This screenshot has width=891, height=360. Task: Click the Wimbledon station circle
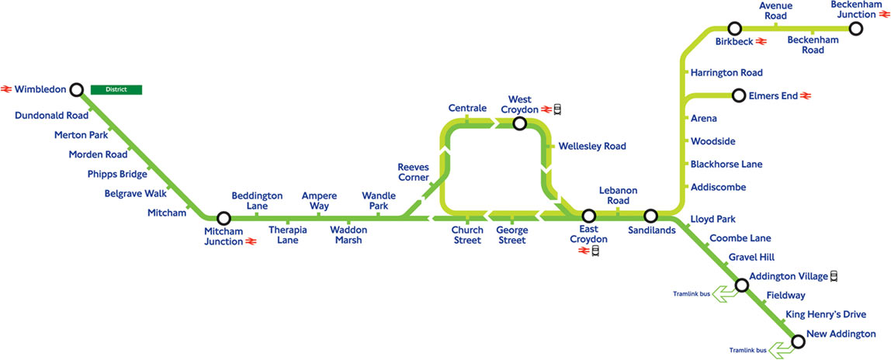point(76,89)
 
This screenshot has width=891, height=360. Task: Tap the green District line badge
point(116,89)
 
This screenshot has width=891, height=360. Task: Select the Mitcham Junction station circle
point(224,219)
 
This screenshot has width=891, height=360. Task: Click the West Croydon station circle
point(520,123)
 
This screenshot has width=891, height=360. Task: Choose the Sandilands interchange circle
point(650,215)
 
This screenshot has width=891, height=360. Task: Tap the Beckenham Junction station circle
point(856,29)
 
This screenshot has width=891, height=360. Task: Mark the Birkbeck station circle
point(734,29)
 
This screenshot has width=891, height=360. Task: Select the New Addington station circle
point(797,340)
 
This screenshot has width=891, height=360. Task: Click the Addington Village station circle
point(741,286)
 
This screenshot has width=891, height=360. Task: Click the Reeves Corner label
point(413,172)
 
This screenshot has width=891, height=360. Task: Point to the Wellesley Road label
point(591,146)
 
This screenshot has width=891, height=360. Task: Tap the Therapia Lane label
point(289,235)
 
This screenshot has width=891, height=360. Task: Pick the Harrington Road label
point(726,73)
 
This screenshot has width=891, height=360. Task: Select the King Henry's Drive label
point(826,314)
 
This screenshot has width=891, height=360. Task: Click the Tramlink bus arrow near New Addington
point(781,350)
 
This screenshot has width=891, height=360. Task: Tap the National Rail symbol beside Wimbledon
point(7,89)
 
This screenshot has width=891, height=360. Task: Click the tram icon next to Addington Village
point(834,275)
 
